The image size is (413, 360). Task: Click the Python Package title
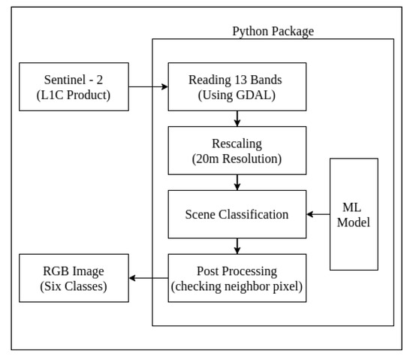coord(273,32)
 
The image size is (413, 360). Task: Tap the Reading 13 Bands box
coord(237,87)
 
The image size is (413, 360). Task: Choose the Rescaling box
coord(237,150)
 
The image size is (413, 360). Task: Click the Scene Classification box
coord(237,214)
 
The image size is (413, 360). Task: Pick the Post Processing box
coord(237,278)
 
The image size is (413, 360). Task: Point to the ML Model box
coord(354,214)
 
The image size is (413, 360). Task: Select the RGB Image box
coord(74,278)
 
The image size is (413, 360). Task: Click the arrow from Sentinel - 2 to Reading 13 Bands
coord(148,87)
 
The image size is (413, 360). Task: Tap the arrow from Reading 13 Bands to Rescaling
coord(237,119)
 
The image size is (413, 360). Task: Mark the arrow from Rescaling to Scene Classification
coord(237,183)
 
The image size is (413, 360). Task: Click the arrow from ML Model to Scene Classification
coord(318,214)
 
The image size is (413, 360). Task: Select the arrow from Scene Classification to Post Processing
coord(237,247)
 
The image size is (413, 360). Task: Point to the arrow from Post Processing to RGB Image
coord(148,278)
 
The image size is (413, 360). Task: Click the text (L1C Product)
coord(74,95)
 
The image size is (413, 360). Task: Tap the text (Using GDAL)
coord(237,95)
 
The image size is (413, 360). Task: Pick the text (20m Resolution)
coord(237,159)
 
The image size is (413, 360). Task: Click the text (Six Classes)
coord(74,286)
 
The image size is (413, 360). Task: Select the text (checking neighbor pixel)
coord(237,286)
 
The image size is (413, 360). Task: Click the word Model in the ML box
coord(354,222)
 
